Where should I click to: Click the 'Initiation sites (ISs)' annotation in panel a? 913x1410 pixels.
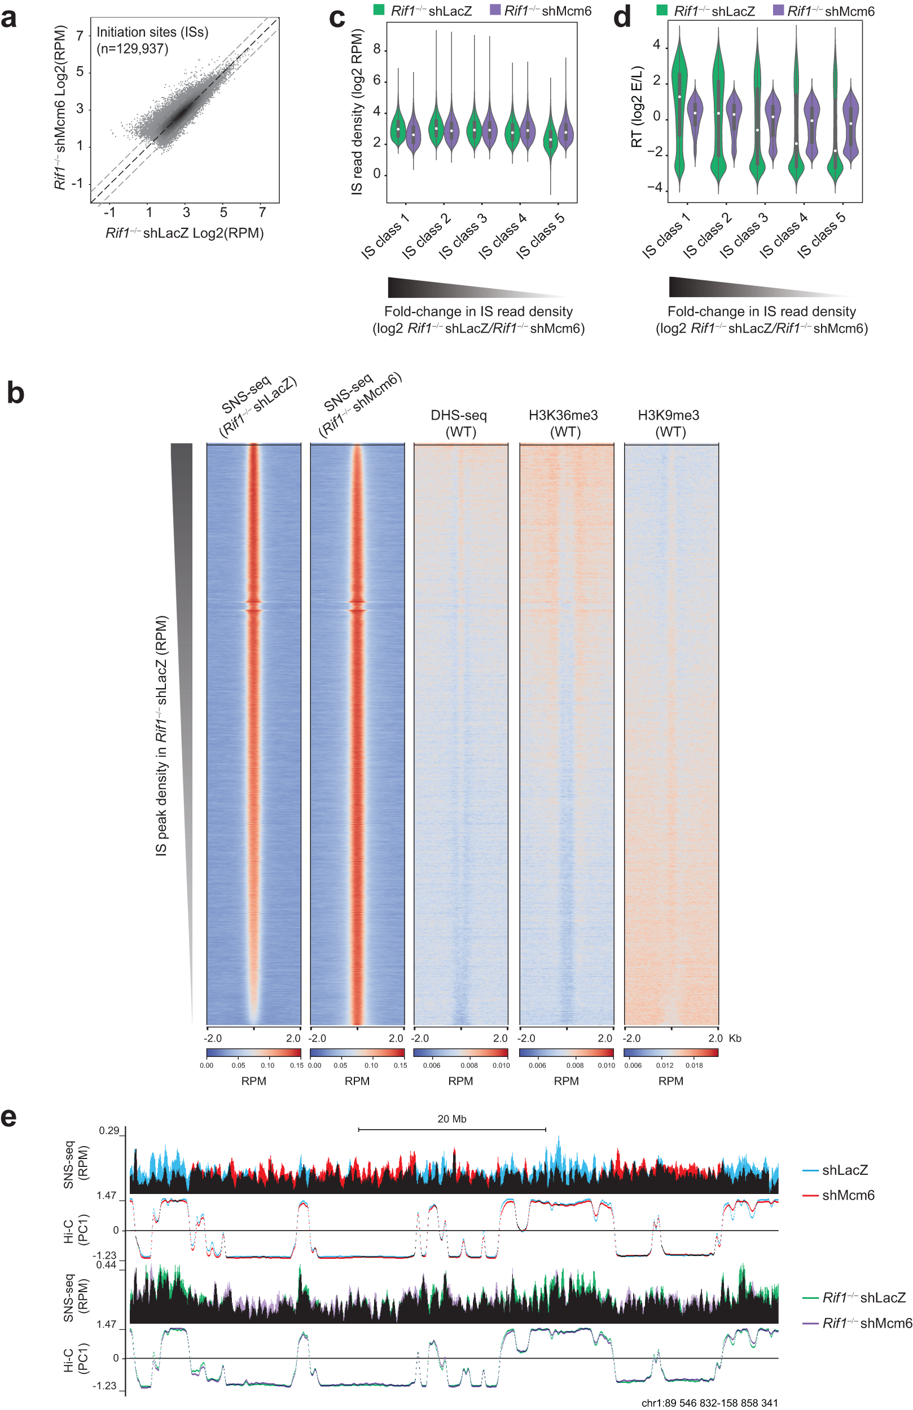tap(152, 33)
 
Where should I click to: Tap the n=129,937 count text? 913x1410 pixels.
tap(133, 49)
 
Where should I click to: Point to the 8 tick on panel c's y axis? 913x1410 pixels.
tap(376, 50)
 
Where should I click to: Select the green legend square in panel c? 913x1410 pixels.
tap(379, 10)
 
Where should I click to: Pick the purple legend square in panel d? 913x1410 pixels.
tap(779, 10)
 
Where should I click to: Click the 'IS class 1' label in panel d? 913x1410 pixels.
tap(666, 236)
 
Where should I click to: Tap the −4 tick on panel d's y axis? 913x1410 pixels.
tap(654, 188)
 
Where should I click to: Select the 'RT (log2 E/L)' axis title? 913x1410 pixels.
tap(637, 107)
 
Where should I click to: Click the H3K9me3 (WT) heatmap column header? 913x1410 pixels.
tap(669, 423)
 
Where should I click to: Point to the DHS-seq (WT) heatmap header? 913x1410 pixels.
tap(459, 423)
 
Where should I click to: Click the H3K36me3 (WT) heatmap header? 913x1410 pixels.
tap(563, 423)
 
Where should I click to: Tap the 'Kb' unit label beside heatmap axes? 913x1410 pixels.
tap(735, 1038)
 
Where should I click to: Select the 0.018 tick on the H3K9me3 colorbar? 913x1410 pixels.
tap(694, 1065)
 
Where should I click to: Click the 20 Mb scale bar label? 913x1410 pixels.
tap(452, 1119)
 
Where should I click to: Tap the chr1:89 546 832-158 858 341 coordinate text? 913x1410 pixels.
tap(710, 1403)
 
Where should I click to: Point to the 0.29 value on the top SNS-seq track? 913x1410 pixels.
tap(109, 1130)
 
